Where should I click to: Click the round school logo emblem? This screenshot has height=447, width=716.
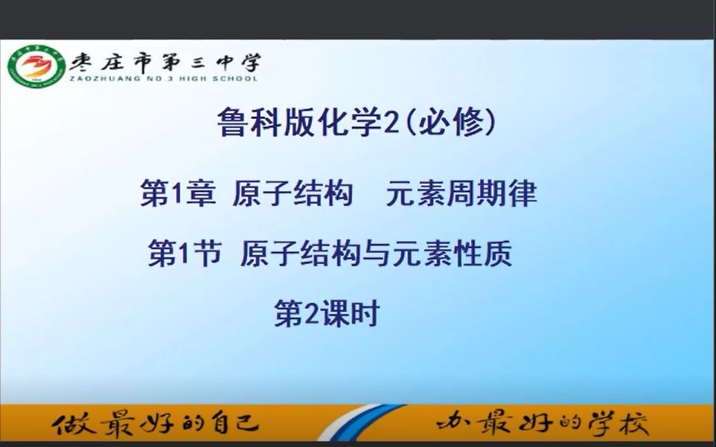click(36, 67)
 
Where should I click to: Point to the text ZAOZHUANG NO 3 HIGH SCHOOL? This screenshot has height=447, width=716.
click(164, 78)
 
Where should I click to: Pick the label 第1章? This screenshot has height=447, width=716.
click(178, 194)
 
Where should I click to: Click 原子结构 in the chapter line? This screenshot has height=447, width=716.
click(292, 194)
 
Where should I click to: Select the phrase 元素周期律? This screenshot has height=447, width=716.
click(461, 194)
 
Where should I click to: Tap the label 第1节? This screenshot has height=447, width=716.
click(185, 255)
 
